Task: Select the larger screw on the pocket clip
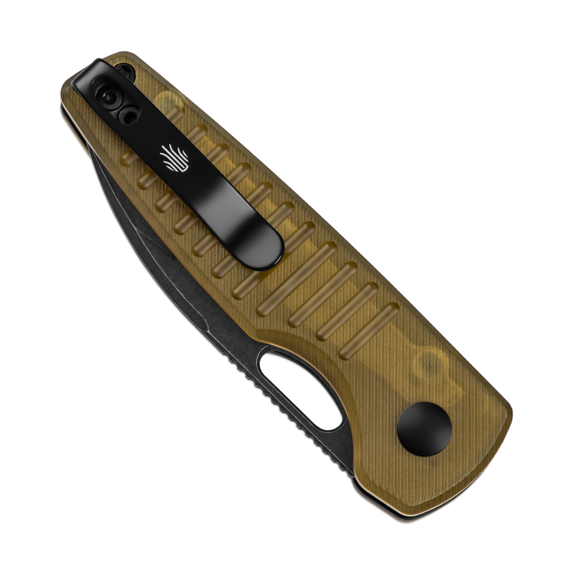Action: tap(108, 95)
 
